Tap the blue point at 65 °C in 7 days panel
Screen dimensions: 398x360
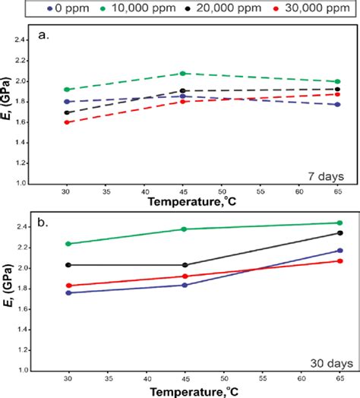pos(337,105)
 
